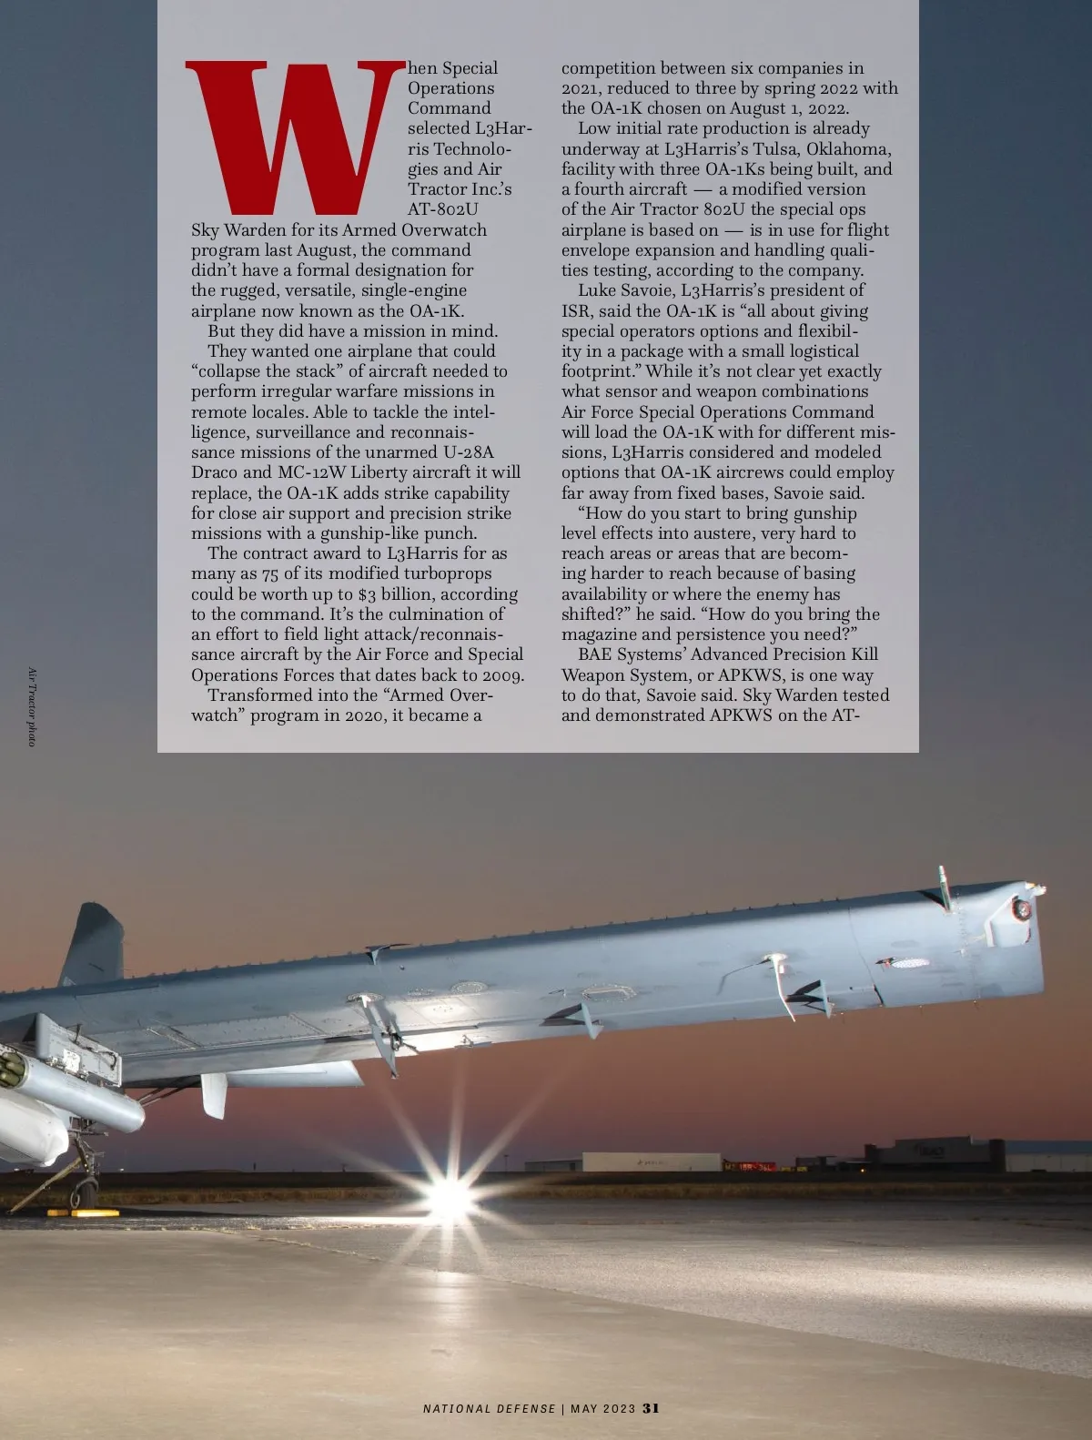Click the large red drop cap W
(293, 137)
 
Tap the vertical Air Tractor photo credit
(32, 707)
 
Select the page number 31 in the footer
(651, 1407)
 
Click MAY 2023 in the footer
(602, 1408)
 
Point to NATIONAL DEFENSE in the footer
(489, 1408)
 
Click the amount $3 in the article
(367, 594)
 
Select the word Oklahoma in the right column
(847, 149)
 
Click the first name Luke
(596, 291)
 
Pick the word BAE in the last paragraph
(595, 654)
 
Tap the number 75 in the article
(270, 574)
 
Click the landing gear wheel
(85, 1189)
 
